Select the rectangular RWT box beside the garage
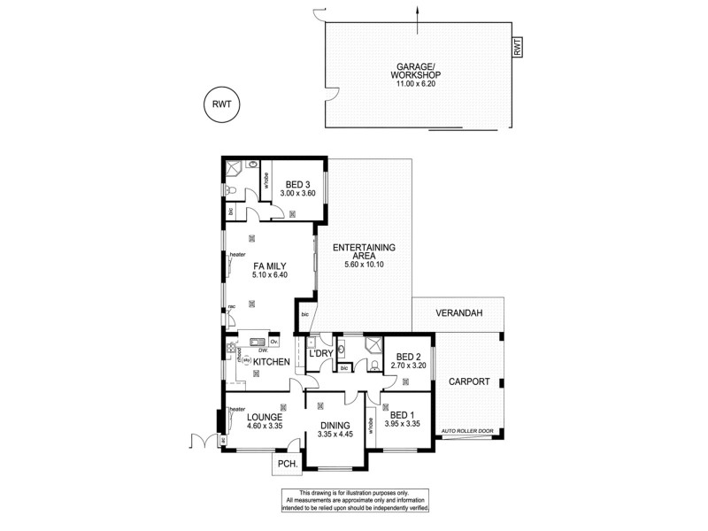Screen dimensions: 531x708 [518, 48]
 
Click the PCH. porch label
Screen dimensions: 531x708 [286, 464]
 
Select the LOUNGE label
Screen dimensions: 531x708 [265, 417]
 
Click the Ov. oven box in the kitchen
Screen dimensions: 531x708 [274, 342]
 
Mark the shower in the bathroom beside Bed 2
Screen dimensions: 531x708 [373, 346]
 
